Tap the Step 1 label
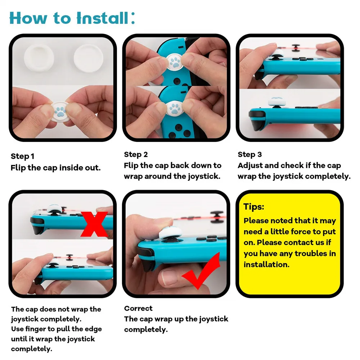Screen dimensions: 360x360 tap(22, 156)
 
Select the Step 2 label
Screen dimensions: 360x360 tap(136, 154)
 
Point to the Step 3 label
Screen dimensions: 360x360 tap(249, 154)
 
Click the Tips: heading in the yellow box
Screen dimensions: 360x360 tap(254, 207)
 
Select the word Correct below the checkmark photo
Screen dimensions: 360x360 tap(138, 309)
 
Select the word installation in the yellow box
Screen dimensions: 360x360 tap(266, 264)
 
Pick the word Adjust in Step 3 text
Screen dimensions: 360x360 tap(249, 166)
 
